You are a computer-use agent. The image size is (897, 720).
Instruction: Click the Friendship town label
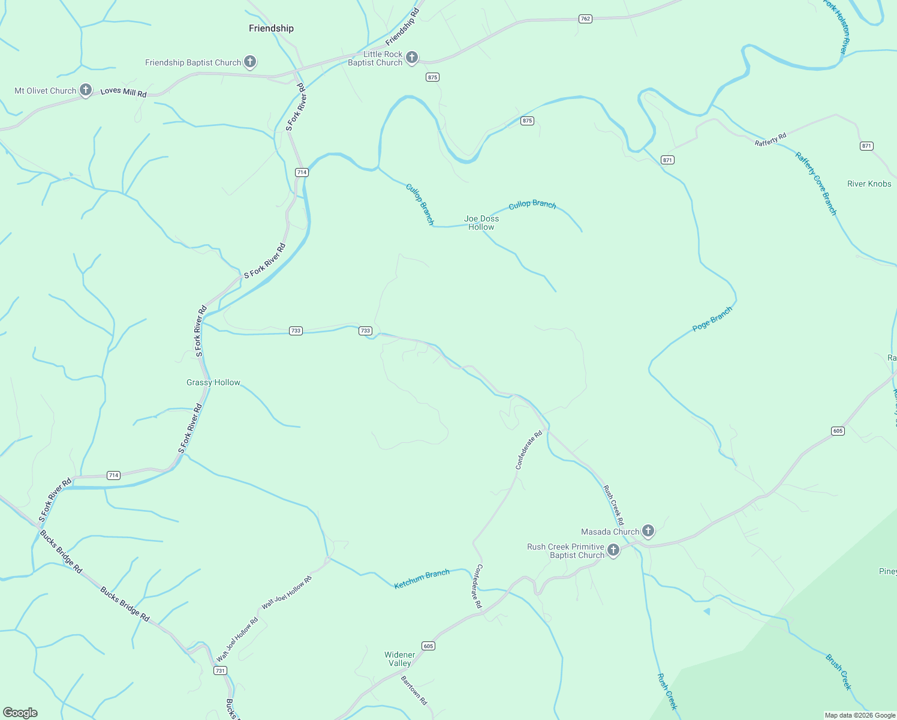tap(271, 28)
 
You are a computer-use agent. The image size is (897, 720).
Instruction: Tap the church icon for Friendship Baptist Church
tap(251, 62)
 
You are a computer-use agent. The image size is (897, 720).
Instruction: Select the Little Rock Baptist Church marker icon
tap(412, 58)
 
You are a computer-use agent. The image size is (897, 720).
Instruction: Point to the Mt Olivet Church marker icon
tap(86, 91)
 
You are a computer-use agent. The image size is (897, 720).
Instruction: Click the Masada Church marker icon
tap(648, 531)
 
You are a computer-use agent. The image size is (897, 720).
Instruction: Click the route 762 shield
tap(586, 19)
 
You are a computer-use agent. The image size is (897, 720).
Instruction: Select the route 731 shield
tap(220, 670)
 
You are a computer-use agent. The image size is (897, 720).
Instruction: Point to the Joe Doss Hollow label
tap(481, 223)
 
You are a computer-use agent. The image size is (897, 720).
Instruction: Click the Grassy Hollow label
tap(213, 382)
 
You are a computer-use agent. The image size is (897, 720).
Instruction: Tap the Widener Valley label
tap(400, 659)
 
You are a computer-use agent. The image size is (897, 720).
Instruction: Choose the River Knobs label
tap(869, 184)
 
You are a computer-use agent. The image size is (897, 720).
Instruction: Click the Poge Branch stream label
tap(712, 319)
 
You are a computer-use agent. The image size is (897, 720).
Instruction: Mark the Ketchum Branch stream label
tap(422, 579)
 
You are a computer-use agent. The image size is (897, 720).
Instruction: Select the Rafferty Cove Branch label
tap(816, 183)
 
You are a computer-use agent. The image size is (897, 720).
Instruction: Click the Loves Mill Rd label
tap(124, 92)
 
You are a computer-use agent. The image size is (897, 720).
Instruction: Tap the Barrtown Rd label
tap(414, 690)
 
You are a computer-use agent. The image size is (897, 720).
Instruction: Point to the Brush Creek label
tap(838, 672)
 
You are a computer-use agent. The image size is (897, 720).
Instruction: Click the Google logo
tap(20, 713)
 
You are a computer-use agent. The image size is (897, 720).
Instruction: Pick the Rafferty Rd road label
tap(770, 140)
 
